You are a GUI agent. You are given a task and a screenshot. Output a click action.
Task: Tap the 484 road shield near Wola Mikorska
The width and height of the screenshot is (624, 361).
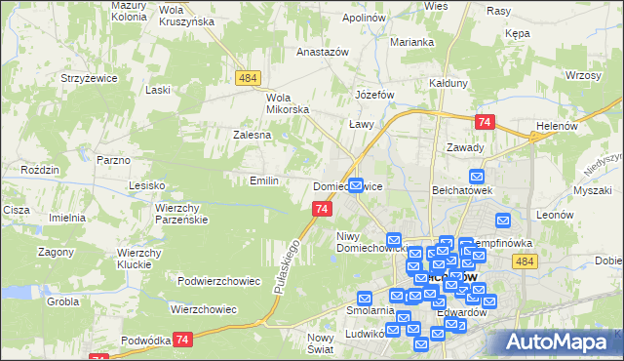246,76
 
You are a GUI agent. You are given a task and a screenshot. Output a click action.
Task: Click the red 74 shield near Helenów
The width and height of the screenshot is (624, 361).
485,122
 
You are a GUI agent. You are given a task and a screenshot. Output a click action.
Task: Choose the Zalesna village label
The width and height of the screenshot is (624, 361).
252,135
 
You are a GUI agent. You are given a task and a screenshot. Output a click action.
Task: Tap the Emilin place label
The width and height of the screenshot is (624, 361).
264,180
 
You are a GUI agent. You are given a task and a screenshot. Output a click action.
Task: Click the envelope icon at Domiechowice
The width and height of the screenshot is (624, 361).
357,183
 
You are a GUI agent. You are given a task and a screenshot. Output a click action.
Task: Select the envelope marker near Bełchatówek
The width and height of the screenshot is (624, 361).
477,177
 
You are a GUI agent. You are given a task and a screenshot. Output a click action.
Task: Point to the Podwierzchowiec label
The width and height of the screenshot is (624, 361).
219,281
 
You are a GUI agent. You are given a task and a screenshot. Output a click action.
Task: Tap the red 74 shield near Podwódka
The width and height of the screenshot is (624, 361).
182,339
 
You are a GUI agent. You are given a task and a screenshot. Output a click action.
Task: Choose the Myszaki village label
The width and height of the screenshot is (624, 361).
592,190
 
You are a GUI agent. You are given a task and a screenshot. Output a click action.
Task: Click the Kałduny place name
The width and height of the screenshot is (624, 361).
448,83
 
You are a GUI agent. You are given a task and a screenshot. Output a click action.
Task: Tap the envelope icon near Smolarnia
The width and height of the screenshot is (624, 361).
365,299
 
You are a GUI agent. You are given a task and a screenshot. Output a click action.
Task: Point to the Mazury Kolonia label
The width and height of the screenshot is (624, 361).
130,11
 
